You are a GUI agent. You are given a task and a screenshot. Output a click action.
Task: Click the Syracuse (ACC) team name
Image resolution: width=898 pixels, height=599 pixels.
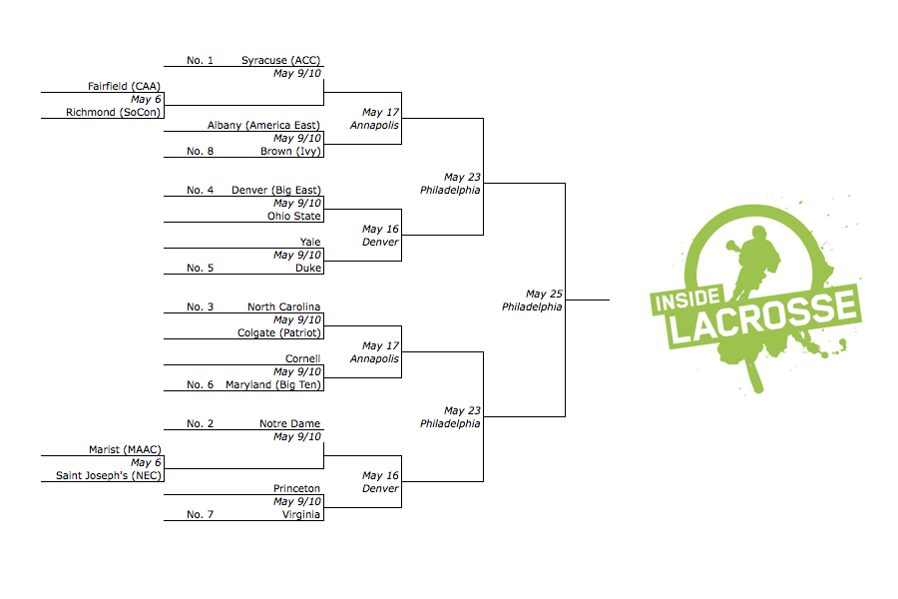(x=280, y=60)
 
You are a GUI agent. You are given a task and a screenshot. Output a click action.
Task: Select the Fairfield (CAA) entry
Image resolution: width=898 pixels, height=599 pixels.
(x=124, y=87)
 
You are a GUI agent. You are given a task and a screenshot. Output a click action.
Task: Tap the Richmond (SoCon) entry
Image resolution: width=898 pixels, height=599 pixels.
(x=113, y=113)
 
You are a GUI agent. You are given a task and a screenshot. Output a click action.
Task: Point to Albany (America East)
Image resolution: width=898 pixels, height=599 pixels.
(x=263, y=126)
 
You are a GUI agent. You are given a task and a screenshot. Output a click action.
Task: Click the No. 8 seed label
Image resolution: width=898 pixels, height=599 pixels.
(x=201, y=152)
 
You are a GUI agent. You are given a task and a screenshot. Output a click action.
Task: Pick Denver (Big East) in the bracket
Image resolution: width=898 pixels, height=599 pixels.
(x=275, y=190)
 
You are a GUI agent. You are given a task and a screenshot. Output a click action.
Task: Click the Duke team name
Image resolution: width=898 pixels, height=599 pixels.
(x=307, y=268)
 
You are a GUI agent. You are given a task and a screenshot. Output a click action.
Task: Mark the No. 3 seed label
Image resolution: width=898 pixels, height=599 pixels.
(x=201, y=307)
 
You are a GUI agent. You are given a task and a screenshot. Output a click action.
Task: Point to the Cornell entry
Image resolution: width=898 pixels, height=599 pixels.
(x=302, y=359)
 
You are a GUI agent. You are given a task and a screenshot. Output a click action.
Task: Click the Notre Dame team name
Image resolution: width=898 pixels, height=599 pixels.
(x=289, y=424)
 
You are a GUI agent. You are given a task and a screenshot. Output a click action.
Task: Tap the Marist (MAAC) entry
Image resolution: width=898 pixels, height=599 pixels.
(x=125, y=450)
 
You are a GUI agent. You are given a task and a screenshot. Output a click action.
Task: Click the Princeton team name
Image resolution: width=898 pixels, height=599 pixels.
(x=296, y=489)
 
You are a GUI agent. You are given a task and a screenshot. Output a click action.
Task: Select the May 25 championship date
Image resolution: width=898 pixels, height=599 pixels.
(x=545, y=295)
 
